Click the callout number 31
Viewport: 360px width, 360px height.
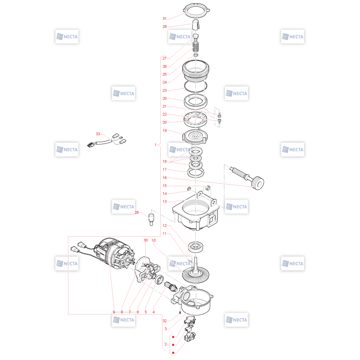(x=164, y=18)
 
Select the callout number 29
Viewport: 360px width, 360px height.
(x=164, y=27)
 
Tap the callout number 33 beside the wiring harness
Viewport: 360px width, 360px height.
(x=98, y=134)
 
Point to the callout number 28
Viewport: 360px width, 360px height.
(x=137, y=212)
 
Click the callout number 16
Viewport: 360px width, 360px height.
(x=164, y=178)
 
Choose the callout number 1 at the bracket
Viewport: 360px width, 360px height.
(x=155, y=145)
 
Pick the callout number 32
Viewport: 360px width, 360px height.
(x=164, y=321)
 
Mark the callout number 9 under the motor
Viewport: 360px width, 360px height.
(x=114, y=312)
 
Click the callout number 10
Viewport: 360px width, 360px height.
(x=153, y=240)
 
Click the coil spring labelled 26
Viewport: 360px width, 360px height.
(x=195, y=47)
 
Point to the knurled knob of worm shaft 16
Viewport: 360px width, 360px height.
(x=258, y=183)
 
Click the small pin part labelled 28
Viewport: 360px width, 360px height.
(x=151, y=220)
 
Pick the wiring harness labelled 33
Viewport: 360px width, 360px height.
(x=107, y=140)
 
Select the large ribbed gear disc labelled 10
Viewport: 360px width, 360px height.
(x=196, y=275)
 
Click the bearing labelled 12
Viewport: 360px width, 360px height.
(x=196, y=247)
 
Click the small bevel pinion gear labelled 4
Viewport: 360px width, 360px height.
(x=171, y=286)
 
